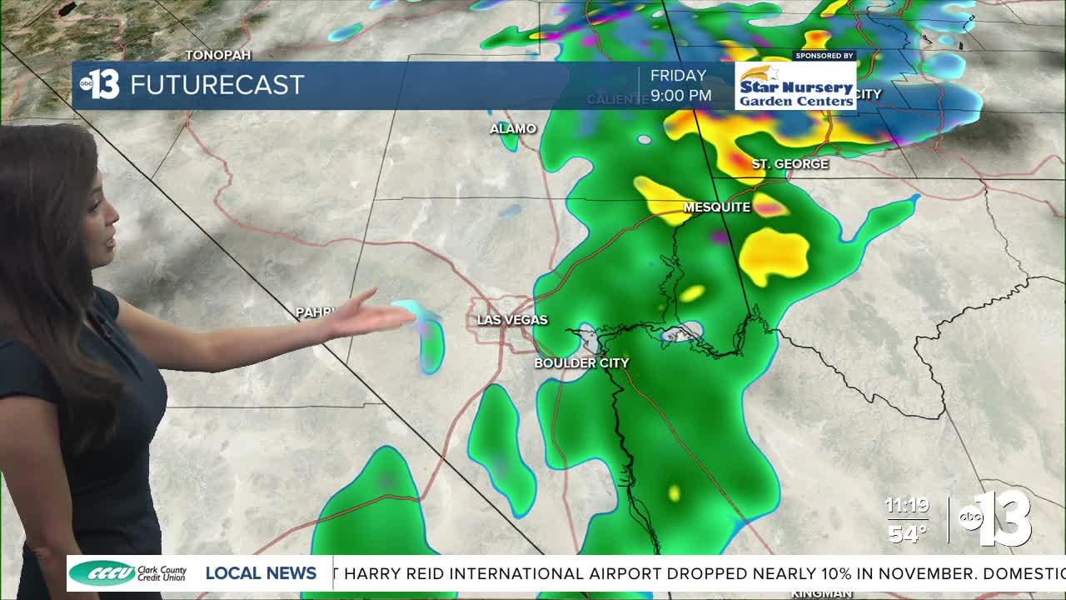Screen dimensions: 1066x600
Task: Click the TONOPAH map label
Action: pos(218,55)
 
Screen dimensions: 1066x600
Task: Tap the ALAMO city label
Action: pos(513,128)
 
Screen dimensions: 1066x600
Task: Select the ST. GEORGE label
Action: pos(790,164)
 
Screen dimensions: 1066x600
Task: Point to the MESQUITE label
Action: pos(717,207)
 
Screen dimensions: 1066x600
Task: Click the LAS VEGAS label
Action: pos(512,320)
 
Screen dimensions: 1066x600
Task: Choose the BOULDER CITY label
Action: pos(581,363)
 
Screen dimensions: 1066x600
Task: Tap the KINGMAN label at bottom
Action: pos(821,593)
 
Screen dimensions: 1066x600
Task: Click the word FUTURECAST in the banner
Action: pos(217,85)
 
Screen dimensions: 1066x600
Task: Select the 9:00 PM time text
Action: pos(680,96)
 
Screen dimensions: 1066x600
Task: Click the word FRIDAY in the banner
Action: pos(678,76)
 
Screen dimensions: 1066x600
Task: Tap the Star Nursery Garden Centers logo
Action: pos(795,86)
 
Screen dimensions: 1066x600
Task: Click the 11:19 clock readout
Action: pos(906,506)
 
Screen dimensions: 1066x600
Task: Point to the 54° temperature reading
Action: pos(906,533)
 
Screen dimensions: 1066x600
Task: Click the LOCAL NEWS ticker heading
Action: pos(261,573)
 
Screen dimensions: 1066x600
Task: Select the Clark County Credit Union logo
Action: pos(128,573)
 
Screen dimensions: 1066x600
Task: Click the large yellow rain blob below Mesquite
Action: pos(775,254)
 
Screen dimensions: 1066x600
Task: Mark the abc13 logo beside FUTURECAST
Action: pos(100,84)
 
